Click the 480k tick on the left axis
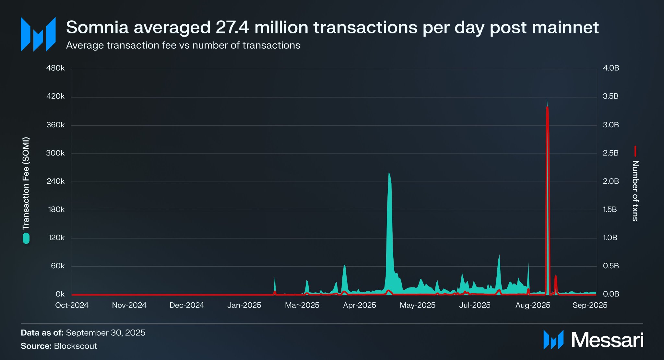pos(55,68)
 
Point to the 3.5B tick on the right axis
pos(611,96)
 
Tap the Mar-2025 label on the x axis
pos(302,305)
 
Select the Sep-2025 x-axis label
pos(590,305)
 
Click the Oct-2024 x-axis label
pos(72,305)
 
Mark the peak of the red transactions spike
pos(547,108)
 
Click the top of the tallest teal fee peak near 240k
pos(389,174)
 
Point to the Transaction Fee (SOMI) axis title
pos(26,183)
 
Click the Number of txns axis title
pos(635,191)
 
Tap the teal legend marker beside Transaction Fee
pos(26,238)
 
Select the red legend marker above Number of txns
pos(635,151)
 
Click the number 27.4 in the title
pos(232,27)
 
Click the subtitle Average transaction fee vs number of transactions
pos(183,45)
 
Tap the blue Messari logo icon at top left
pos(38,34)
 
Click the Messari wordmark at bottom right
pos(607,340)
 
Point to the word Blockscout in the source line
pos(76,346)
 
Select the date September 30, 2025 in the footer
pos(106,333)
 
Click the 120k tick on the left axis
pos(56,238)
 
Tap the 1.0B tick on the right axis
pos(610,238)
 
